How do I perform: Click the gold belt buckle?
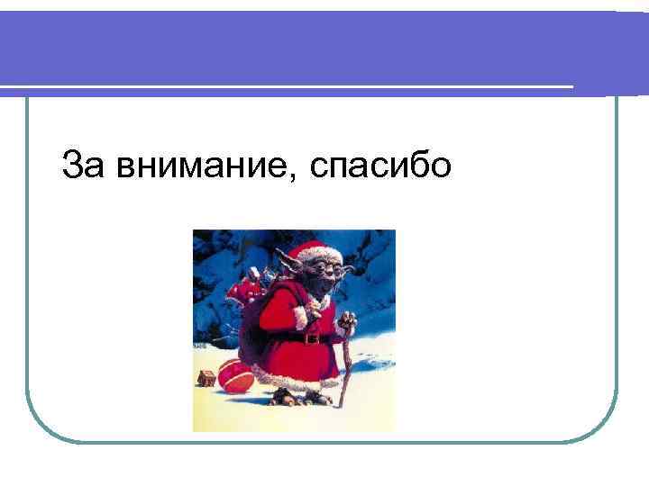(x=312, y=338)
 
